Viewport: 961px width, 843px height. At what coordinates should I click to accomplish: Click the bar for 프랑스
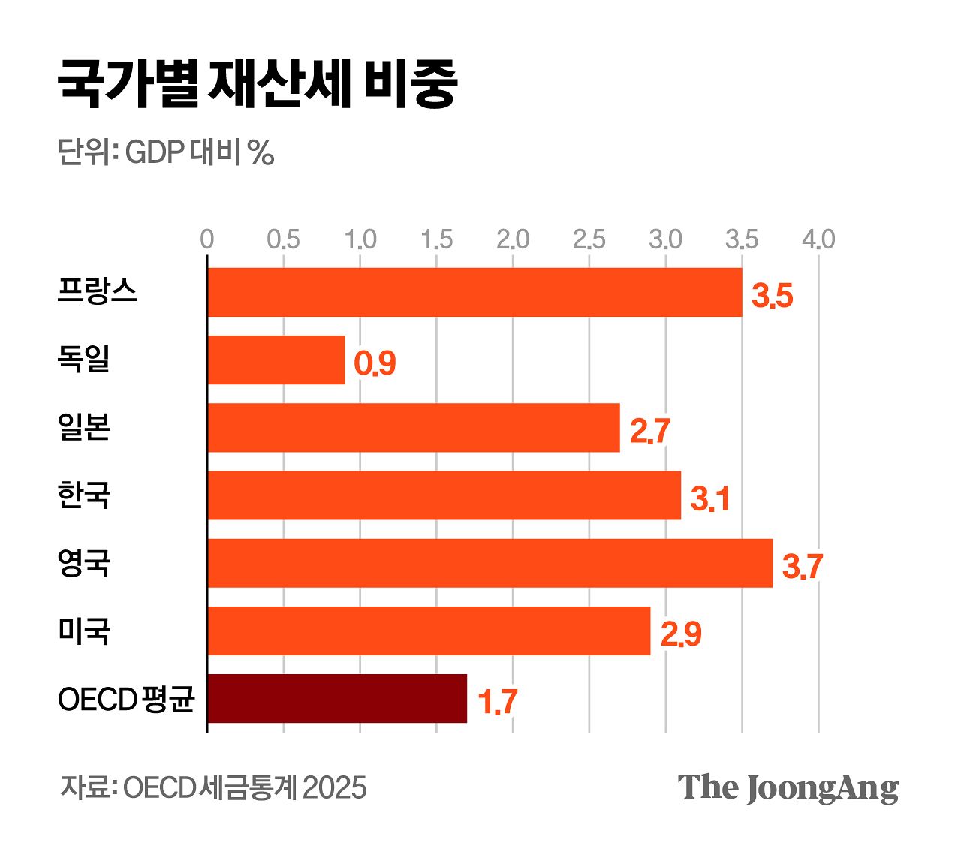coord(474,292)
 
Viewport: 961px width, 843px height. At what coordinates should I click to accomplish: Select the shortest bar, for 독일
coord(276,360)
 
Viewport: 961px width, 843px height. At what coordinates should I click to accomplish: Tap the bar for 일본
coord(414,428)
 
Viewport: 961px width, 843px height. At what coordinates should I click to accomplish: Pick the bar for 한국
coord(444,495)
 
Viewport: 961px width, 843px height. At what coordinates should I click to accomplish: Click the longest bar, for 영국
coord(490,563)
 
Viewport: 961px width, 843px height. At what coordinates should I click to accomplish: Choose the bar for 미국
coord(429,631)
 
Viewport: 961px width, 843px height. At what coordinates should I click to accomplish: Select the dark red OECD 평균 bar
coord(337,698)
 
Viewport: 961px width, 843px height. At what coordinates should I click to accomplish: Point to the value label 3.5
coord(773,296)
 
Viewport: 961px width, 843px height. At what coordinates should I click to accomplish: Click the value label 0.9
coord(375,364)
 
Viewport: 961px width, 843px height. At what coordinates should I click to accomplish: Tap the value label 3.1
coord(709,499)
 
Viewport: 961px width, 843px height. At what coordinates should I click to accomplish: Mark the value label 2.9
coord(681,634)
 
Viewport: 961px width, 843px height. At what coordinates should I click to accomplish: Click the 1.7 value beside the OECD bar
coord(497,702)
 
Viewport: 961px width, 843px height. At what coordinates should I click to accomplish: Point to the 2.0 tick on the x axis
coord(513,239)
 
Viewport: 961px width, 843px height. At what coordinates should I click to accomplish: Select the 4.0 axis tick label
coord(818,239)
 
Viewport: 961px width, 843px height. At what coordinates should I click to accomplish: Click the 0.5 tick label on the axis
coord(283,239)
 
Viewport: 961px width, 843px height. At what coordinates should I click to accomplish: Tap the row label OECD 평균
coord(126,700)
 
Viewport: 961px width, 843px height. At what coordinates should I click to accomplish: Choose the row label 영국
coord(84,563)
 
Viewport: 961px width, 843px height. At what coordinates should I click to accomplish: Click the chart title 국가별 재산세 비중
coord(258,83)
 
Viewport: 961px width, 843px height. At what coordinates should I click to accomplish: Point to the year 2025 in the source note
coord(334,788)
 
